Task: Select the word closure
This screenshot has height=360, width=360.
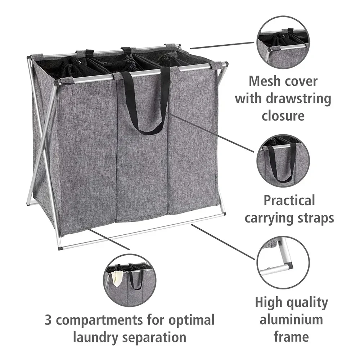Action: pyautogui.click(x=283, y=116)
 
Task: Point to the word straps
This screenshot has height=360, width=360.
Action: pyautogui.click(x=314, y=218)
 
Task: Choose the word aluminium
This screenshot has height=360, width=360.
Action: pyautogui.click(x=291, y=319)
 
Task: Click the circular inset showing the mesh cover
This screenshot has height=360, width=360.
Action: pyautogui.click(x=283, y=42)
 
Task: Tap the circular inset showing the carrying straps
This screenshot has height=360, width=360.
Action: pyautogui.click(x=283, y=161)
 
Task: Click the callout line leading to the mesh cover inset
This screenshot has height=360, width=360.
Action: pyautogui.click(x=221, y=45)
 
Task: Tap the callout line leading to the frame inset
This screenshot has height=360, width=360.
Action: pyautogui.click(x=223, y=242)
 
